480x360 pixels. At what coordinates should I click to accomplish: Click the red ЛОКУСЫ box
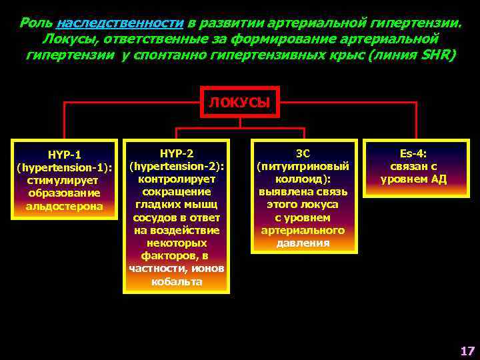pyautogui.click(x=239, y=103)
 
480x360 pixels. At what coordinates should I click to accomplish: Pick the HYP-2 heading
pyautogui.click(x=177, y=152)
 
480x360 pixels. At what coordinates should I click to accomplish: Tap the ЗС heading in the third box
pyautogui.click(x=303, y=153)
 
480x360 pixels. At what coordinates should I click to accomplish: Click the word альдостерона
pyautogui.click(x=65, y=206)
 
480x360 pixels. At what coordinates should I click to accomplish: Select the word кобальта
pyautogui.click(x=177, y=281)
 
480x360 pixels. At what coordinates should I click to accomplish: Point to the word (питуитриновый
pyautogui.click(x=304, y=166)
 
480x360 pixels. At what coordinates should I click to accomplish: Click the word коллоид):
pyautogui.click(x=304, y=179)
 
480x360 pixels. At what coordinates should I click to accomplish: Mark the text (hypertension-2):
pyautogui.click(x=177, y=165)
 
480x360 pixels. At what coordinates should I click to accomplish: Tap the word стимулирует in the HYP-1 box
pyautogui.click(x=65, y=181)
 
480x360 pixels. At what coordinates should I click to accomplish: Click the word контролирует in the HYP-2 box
pyautogui.click(x=177, y=179)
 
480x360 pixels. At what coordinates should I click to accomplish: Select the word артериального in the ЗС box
pyautogui.click(x=304, y=230)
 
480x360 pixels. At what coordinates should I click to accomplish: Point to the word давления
pyautogui.click(x=304, y=243)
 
